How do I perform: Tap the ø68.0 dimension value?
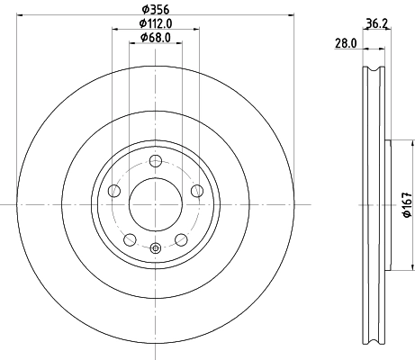click(157, 39)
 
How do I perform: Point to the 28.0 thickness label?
click(347, 43)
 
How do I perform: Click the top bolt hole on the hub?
click(156, 161)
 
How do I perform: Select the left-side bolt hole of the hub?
click(114, 191)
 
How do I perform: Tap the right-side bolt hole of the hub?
click(196, 190)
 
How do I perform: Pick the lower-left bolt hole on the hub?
click(130, 239)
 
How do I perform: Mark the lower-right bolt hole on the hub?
click(181, 239)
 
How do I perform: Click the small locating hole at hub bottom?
click(156, 248)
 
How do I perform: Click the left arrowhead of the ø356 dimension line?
click(20, 14)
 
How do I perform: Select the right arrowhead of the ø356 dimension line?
click(292, 14)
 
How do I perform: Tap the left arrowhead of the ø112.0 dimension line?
click(114, 30)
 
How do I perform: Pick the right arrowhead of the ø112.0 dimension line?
click(196, 30)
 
